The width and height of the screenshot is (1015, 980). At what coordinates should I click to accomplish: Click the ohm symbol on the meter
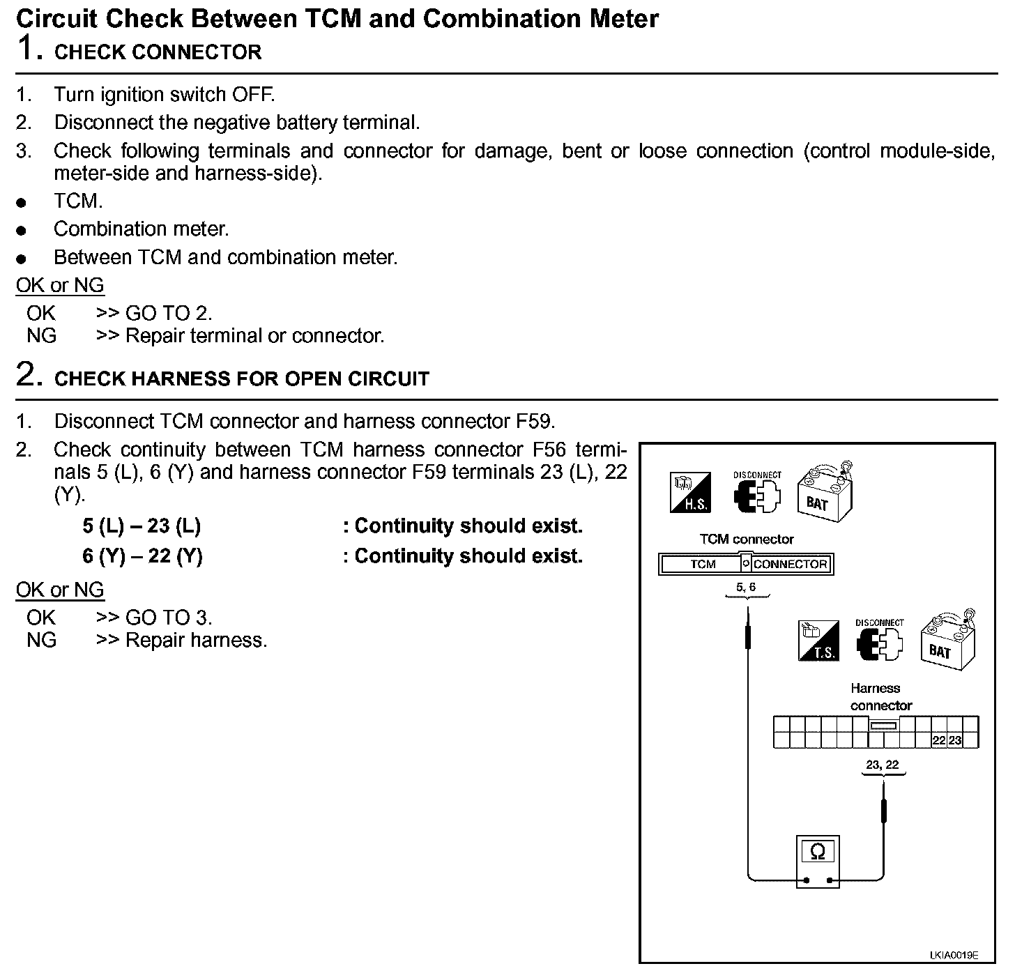tap(818, 852)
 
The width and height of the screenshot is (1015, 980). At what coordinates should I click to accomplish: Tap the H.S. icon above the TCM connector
tap(690, 493)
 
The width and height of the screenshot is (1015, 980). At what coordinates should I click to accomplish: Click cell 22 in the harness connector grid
tap(939, 740)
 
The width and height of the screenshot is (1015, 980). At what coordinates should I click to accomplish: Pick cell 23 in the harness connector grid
tap(955, 740)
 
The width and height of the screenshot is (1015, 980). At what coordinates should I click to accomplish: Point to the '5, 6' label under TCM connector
tap(746, 587)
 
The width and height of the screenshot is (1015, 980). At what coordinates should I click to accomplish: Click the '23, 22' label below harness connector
tap(883, 765)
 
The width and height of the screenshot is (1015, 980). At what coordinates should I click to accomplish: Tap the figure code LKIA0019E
tap(953, 955)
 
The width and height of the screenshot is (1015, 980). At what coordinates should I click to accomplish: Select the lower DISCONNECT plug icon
tap(879, 641)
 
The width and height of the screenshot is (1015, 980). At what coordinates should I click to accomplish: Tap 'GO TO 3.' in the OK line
tap(168, 618)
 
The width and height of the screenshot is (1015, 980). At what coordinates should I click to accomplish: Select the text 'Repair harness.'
tap(196, 640)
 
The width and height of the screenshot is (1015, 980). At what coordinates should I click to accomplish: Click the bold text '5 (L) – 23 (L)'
tap(142, 526)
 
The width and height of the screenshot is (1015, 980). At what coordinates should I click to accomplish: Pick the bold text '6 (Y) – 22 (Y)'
tap(142, 556)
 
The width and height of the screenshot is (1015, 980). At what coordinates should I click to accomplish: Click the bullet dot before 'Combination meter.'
tap(22, 230)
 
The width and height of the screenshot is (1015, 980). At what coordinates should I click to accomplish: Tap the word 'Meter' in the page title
tap(620, 18)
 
